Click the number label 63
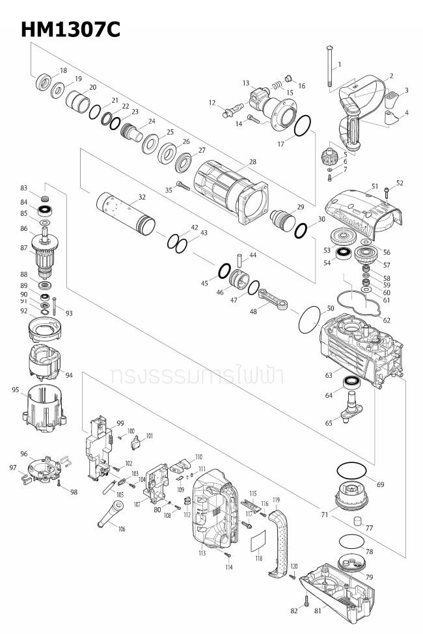tap(330, 375)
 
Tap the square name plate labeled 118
tap(259, 542)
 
